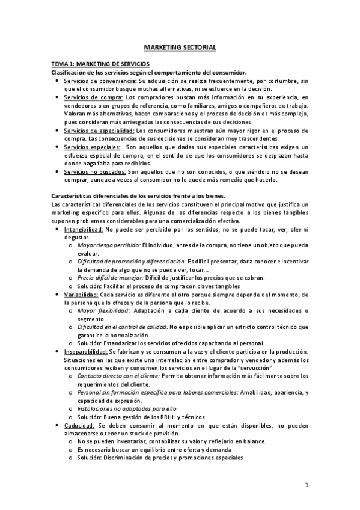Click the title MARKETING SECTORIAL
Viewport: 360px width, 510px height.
coord(180,47)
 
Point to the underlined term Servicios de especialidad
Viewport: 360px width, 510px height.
coord(99,130)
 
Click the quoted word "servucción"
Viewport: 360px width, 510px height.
coord(257,367)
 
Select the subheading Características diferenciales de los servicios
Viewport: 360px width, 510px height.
coord(121,196)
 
